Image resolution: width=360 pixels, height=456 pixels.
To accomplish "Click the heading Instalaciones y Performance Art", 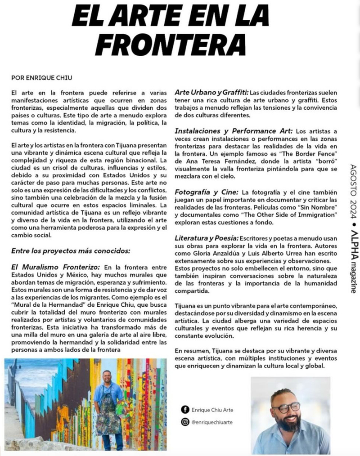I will coord(234,131).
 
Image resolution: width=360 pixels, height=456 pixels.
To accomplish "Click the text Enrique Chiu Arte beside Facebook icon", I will coord(212,410).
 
